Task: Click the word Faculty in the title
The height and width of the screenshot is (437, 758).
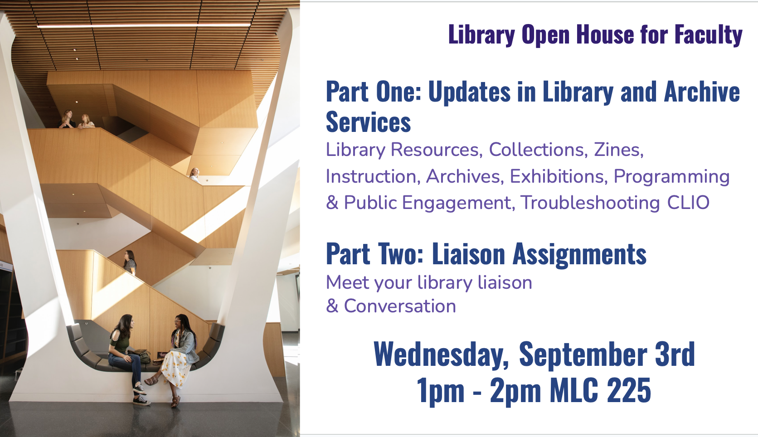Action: point(708,34)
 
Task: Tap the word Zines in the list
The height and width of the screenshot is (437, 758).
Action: point(618,150)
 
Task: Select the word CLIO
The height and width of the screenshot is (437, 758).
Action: point(688,203)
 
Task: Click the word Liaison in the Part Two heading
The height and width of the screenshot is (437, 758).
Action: point(468,254)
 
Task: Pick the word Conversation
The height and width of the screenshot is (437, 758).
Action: point(400,306)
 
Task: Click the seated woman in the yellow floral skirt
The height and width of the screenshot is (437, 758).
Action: point(175,359)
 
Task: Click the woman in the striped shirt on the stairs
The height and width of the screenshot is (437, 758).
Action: point(130,262)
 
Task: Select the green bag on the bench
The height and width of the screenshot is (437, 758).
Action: point(144,356)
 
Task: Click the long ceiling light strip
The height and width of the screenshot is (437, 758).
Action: point(143,26)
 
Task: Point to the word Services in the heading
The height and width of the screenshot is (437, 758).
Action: point(368,122)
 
